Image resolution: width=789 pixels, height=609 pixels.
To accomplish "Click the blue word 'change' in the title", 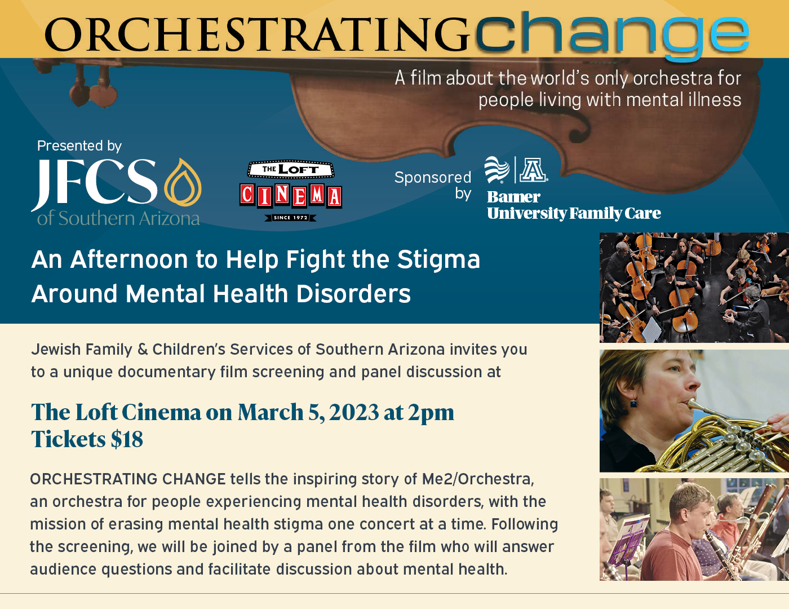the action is coord(612,35).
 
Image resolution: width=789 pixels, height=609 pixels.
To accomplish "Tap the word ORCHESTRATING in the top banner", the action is coord(258,34).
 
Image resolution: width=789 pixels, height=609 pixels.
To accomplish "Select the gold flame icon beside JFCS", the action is coord(182,182).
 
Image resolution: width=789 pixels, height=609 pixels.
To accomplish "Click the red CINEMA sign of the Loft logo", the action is coord(290,196).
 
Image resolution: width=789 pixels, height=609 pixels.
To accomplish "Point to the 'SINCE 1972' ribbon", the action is coord(290,218).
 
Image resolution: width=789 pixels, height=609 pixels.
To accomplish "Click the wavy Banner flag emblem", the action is coord(497,169).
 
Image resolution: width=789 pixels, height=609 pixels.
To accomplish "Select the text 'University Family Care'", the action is coord(574,214).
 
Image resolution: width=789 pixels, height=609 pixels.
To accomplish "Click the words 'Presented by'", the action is coord(79,146).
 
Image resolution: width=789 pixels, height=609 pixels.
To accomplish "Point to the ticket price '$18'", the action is coord(127,439).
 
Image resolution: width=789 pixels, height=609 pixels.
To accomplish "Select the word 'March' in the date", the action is coord(271,412).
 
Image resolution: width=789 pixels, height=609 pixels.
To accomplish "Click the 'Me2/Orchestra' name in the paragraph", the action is coord(478,479).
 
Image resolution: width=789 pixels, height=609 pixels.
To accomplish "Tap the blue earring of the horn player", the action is coord(633,403).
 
